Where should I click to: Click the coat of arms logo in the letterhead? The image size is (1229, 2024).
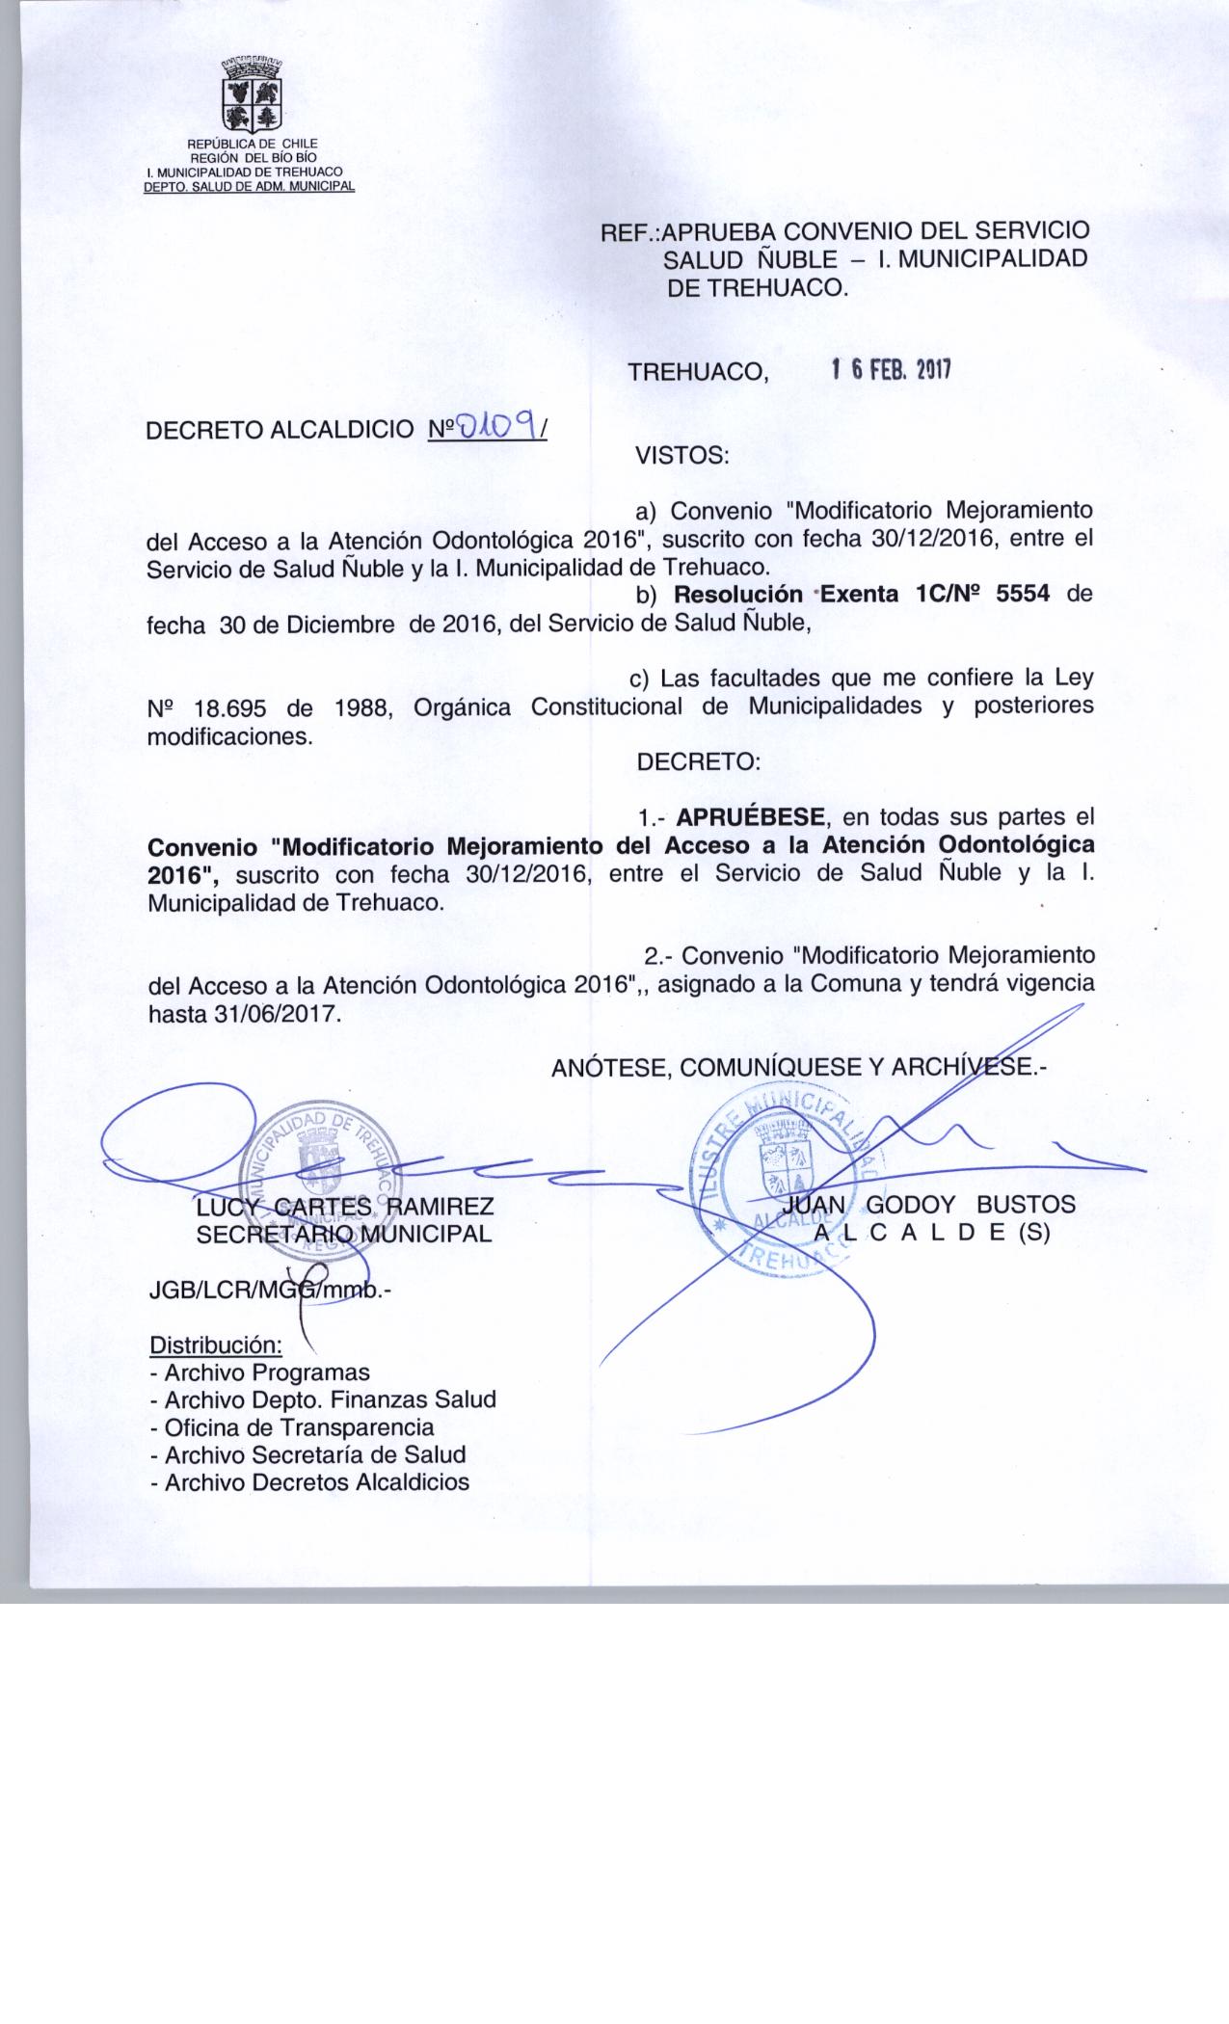click(x=253, y=96)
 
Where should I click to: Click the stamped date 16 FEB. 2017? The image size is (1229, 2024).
click(x=891, y=370)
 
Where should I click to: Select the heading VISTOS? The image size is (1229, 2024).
click(x=682, y=456)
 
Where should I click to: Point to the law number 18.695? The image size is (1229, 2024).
click(x=229, y=706)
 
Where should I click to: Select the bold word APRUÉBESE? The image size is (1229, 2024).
click(x=751, y=818)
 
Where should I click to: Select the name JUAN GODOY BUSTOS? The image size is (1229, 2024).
click(x=929, y=1205)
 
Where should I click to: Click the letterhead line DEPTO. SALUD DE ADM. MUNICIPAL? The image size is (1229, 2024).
click(x=249, y=186)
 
